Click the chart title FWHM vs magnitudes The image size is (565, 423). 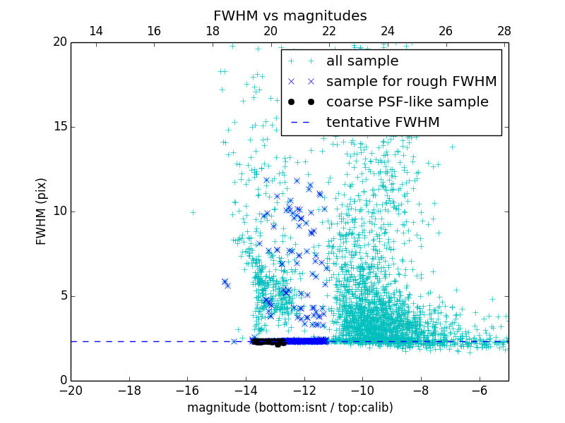290,16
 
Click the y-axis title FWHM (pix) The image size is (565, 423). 42,211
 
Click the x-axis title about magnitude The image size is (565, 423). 290,407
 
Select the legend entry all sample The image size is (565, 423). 362,61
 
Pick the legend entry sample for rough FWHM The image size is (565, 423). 411,82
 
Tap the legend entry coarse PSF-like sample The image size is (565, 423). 407,102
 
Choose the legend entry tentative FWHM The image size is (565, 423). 383,123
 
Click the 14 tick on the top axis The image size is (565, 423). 95,31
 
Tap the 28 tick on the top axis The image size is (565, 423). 504,31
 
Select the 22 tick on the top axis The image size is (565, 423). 328,31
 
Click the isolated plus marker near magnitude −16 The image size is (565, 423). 193,211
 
